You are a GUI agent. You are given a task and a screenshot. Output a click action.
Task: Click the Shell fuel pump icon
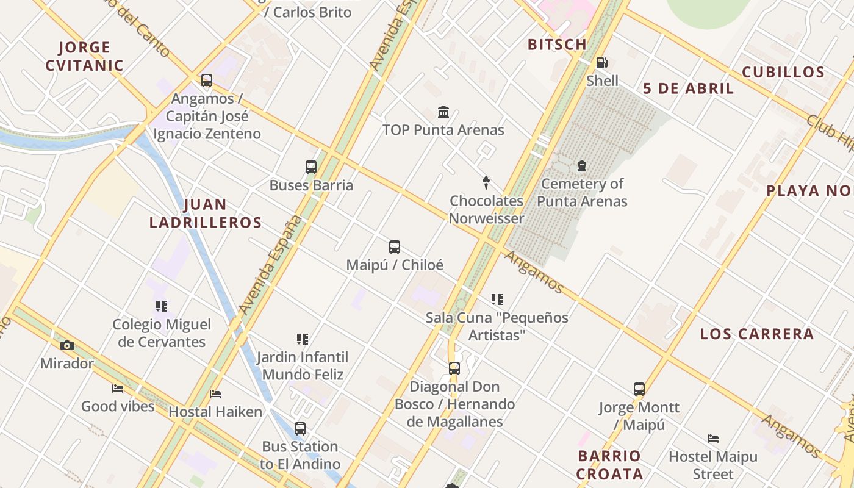point(601,63)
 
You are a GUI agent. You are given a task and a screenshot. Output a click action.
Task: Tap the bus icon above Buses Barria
point(311,167)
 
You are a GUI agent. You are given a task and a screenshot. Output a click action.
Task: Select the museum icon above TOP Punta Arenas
point(443,112)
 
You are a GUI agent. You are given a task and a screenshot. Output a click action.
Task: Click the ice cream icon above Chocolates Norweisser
point(486,182)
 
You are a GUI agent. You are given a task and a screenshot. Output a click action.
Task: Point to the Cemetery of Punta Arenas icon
point(582,166)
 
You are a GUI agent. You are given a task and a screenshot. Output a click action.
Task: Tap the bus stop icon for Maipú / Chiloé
point(395,247)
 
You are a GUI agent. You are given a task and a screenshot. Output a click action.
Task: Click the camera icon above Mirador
point(67,346)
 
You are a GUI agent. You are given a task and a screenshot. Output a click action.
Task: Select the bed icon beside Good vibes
point(118,389)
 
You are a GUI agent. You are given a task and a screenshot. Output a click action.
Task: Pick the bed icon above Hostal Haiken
point(215,394)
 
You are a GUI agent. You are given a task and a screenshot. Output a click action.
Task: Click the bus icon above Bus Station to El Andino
point(300,429)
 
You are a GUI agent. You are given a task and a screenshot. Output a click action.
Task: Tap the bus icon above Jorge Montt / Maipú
point(639,389)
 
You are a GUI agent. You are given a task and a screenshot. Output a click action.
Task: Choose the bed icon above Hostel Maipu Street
point(712,439)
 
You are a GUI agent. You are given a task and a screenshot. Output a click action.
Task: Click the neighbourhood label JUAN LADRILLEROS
point(206,213)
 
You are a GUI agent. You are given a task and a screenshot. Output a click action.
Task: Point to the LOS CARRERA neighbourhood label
point(756,334)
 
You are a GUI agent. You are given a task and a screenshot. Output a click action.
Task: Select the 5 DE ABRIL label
point(688,88)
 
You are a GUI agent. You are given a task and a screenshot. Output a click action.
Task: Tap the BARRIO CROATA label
point(609,465)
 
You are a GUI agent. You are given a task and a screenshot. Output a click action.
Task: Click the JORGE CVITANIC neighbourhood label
point(85,56)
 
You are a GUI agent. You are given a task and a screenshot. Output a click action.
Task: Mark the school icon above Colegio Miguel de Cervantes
point(161,306)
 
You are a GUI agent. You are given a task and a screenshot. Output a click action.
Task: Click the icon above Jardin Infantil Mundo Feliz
point(302,339)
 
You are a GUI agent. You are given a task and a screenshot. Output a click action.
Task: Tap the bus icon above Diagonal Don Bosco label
point(454,368)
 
